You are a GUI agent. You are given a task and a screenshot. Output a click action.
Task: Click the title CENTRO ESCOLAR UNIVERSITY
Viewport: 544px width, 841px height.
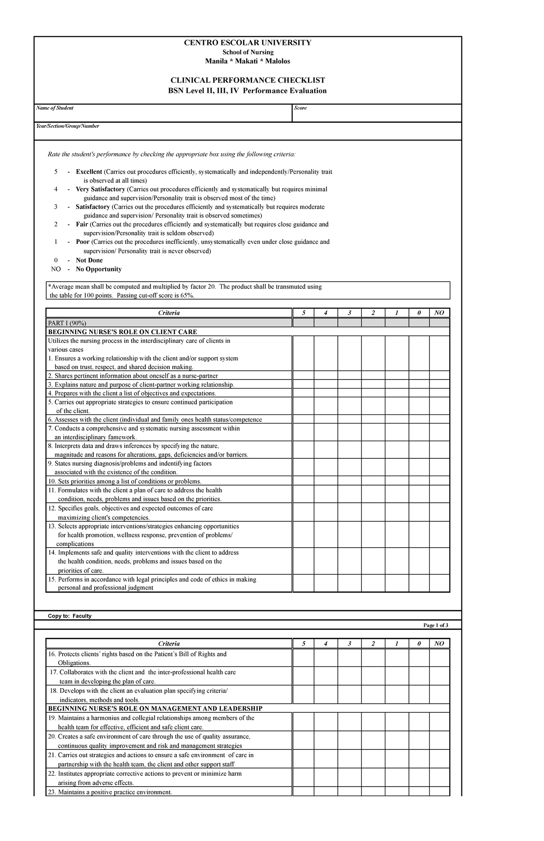(x=247, y=43)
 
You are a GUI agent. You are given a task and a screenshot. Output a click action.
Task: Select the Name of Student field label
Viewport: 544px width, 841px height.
(x=55, y=108)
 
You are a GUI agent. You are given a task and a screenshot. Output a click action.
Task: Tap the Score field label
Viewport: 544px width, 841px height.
(x=301, y=108)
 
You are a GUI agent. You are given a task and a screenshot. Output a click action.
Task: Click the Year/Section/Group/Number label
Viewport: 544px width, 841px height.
(x=68, y=126)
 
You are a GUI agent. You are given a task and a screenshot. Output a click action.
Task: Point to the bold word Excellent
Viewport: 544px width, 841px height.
(x=89, y=172)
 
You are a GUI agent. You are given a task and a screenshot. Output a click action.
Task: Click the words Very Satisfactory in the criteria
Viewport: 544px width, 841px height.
(x=100, y=189)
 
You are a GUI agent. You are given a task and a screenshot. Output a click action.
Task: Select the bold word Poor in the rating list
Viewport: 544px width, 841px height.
(x=83, y=242)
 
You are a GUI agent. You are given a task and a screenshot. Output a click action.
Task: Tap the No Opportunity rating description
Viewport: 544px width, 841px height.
(x=98, y=269)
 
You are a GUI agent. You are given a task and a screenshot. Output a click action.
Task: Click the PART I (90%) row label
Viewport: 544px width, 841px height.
(x=67, y=323)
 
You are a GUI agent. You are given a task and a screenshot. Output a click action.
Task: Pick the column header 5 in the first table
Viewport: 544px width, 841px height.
(x=303, y=313)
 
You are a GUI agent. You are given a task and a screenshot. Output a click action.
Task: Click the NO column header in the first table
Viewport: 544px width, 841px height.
(x=439, y=313)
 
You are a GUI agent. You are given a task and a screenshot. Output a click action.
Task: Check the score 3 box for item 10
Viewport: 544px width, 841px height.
(x=350, y=481)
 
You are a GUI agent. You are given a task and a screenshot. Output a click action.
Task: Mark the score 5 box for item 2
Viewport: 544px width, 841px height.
(x=303, y=375)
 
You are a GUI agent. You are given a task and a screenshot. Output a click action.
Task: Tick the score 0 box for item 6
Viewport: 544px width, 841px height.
(x=419, y=419)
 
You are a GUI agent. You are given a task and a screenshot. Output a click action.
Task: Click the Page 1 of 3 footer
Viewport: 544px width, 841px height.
(x=435, y=625)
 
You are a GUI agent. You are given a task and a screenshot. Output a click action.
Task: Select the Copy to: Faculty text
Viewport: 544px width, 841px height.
(x=70, y=616)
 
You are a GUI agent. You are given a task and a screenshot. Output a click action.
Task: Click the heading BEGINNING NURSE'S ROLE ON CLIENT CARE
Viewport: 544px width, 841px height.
(x=122, y=332)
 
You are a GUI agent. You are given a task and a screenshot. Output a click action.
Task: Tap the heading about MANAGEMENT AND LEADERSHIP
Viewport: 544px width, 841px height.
(x=155, y=708)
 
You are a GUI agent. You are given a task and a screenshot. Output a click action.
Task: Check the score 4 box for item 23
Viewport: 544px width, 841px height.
(x=326, y=792)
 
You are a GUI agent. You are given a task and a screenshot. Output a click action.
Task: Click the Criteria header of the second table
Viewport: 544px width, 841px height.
(x=169, y=643)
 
